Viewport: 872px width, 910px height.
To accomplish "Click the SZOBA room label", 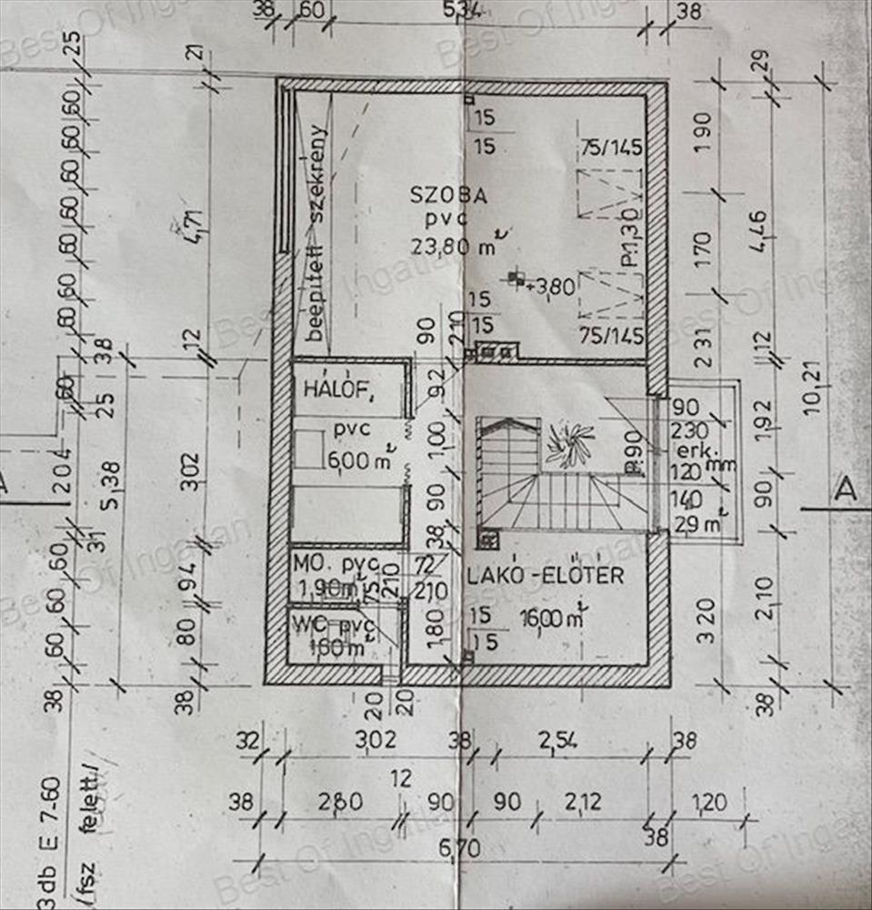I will click(x=449, y=196).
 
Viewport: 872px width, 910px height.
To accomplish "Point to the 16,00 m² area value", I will click(x=549, y=619).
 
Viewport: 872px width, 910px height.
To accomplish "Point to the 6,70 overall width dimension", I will click(x=459, y=848).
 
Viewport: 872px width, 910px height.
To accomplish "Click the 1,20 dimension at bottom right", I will click(x=708, y=803).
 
